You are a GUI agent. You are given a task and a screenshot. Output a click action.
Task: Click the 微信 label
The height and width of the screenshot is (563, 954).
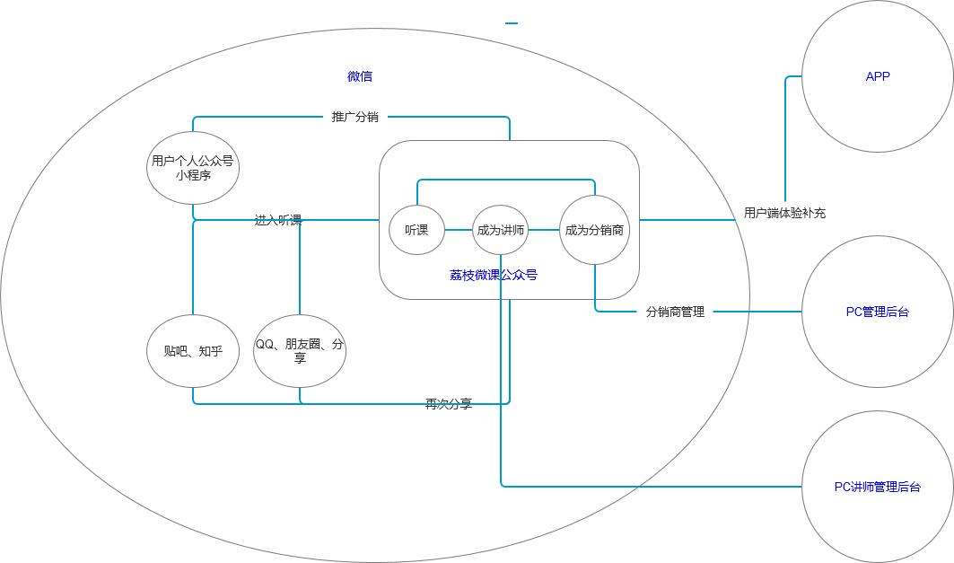point(360,76)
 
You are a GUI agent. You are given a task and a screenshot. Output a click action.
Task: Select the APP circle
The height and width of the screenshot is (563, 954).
point(877,76)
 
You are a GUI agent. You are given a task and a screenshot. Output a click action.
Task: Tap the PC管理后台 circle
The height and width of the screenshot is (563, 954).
point(877,312)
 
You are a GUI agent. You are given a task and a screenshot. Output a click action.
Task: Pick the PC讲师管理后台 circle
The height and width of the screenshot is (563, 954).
point(877,487)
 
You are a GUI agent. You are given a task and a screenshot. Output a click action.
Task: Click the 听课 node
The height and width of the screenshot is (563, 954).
point(416,230)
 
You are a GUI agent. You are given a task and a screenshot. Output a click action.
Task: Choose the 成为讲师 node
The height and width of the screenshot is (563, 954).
point(501,230)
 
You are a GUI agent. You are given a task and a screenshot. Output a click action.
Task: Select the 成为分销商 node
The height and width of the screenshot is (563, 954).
point(594,230)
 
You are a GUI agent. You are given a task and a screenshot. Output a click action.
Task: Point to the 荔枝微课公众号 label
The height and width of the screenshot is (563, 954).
point(493,275)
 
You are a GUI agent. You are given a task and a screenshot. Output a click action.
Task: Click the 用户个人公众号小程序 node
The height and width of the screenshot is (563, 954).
point(193,168)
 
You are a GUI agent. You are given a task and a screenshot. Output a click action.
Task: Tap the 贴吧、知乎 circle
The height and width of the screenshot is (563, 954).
point(193,351)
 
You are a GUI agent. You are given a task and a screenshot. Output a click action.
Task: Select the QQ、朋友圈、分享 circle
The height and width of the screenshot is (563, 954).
point(300,351)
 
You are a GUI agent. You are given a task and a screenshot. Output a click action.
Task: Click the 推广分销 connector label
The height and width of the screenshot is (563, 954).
point(354,117)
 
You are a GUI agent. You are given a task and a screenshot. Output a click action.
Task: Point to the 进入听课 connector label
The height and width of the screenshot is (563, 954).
point(277,220)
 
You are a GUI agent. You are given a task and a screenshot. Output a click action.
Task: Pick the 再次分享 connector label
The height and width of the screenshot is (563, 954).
point(448,404)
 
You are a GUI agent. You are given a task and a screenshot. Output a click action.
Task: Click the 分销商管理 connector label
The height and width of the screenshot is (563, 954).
point(675,312)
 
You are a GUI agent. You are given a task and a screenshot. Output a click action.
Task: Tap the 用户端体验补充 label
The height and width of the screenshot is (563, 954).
point(784,213)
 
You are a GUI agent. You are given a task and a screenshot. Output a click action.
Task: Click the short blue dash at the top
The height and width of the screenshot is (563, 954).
point(512,23)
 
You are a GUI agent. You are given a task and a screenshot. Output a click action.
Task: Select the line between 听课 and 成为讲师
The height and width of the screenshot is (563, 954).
point(459,230)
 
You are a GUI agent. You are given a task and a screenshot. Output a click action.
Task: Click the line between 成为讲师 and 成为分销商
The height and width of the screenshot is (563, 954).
point(544,230)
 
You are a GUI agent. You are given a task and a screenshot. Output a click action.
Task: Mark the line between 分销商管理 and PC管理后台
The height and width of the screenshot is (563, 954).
point(757,312)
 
